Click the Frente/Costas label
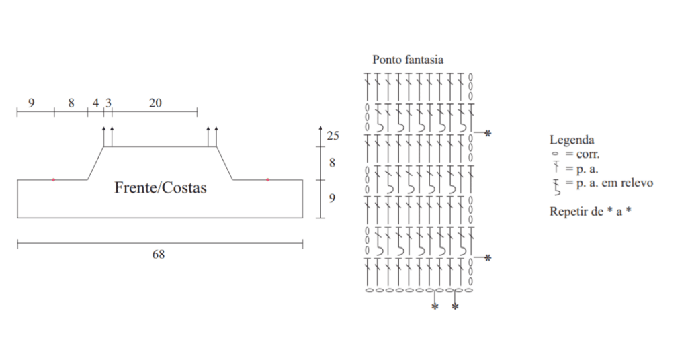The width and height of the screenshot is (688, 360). (x=161, y=188)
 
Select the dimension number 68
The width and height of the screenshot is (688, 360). (x=159, y=255)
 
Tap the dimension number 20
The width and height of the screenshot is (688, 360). (x=155, y=103)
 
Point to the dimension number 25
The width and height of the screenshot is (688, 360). (x=333, y=136)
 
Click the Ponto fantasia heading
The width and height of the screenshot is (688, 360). (x=408, y=60)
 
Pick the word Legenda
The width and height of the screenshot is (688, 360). (x=572, y=140)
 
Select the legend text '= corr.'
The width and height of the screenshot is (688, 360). (x=582, y=154)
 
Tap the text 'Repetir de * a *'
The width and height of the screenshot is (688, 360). (x=591, y=211)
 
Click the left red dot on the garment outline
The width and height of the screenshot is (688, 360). (x=54, y=179)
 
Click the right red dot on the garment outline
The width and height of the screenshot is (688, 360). (x=267, y=179)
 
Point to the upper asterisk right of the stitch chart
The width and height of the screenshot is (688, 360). (x=488, y=134)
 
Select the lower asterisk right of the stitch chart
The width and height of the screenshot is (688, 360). (x=488, y=258)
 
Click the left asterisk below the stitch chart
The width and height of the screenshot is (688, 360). (x=435, y=308)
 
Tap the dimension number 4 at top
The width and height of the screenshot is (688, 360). (x=95, y=103)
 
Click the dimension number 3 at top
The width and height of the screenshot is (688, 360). (x=108, y=103)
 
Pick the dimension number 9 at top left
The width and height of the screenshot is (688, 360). (x=32, y=103)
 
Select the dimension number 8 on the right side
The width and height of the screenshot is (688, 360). (x=332, y=163)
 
